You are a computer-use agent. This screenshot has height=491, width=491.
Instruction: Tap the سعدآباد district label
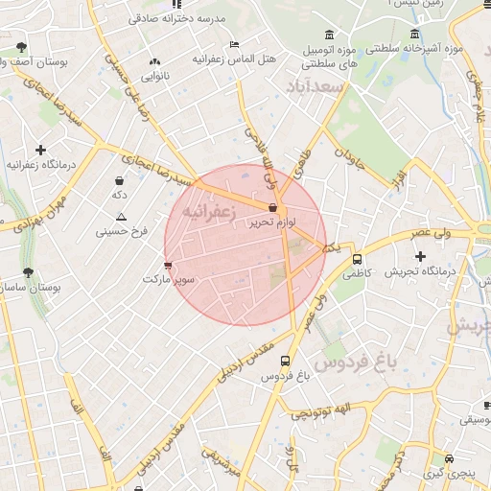[314, 88]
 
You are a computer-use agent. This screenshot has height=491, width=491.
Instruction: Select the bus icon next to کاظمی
[358, 259]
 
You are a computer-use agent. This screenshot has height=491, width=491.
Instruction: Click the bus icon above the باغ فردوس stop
[285, 361]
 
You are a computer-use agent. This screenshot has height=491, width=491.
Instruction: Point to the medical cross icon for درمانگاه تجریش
[420, 256]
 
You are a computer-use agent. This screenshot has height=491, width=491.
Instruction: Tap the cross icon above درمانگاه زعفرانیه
[40, 150]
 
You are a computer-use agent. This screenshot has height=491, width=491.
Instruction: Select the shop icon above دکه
[119, 180]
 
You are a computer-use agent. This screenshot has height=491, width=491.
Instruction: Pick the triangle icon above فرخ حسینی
[121, 217]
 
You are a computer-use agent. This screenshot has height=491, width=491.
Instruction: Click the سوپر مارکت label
[169, 279]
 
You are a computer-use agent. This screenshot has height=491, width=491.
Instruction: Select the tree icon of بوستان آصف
[21, 47]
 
